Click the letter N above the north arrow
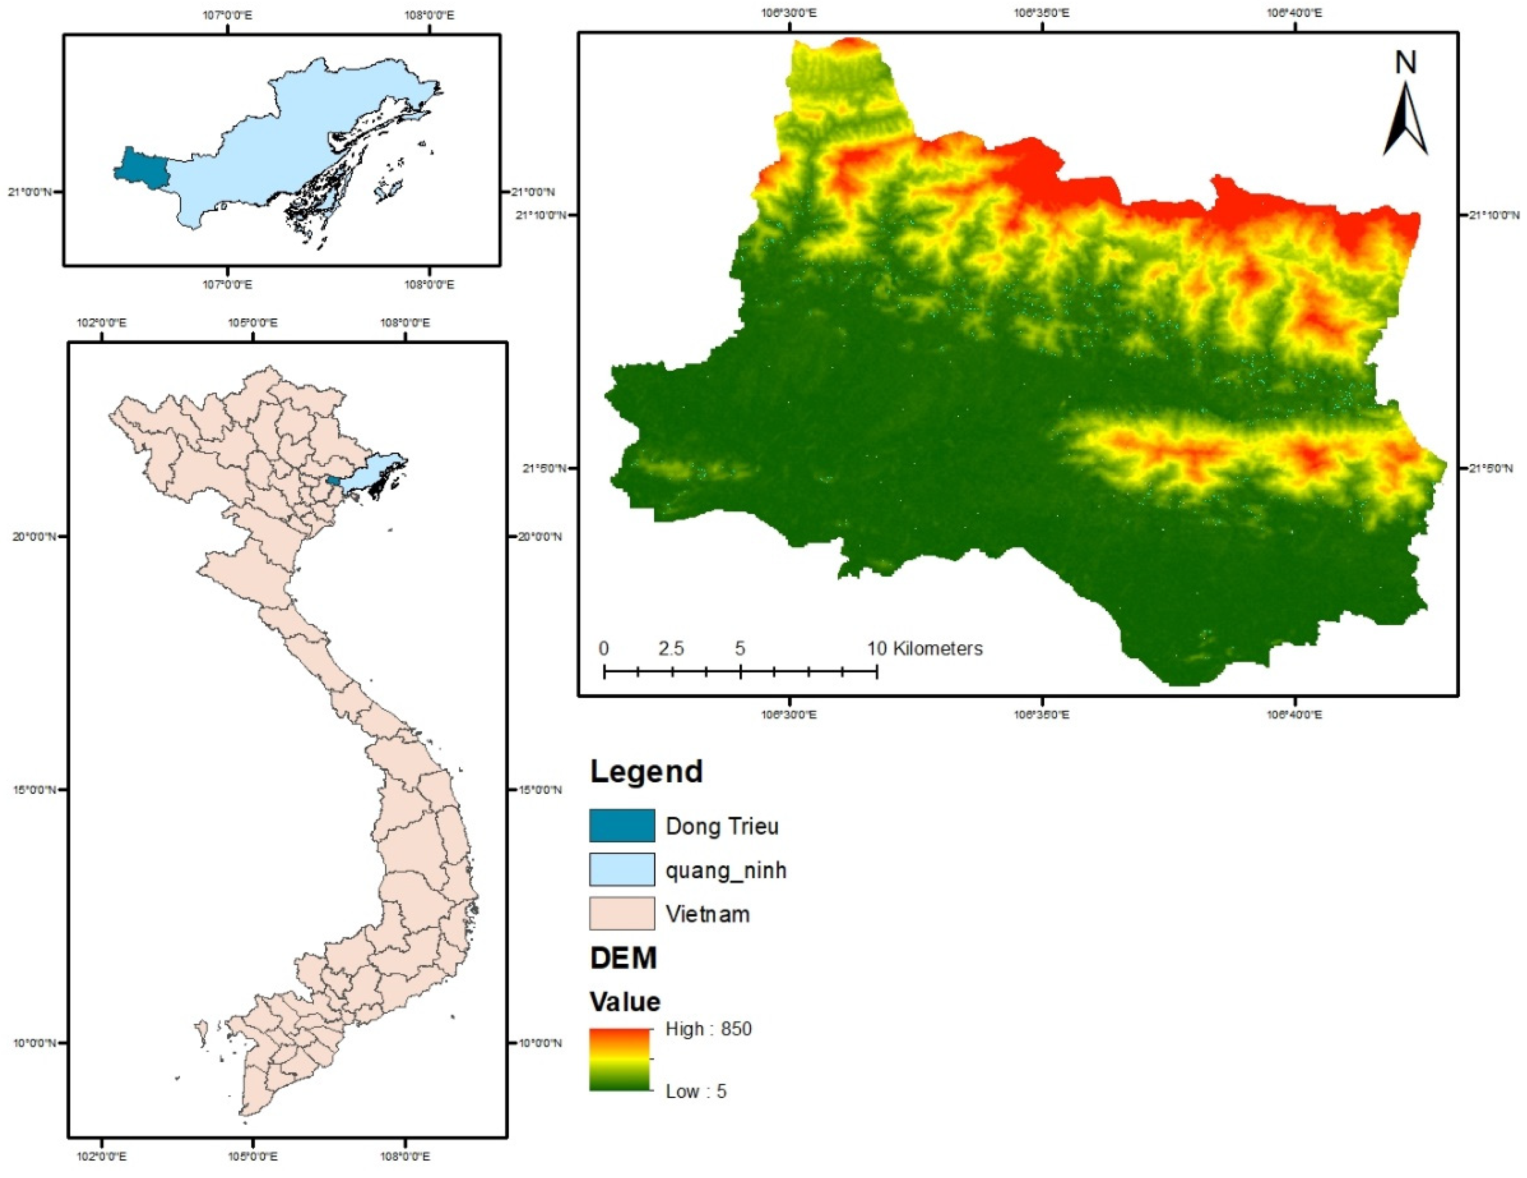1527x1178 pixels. tap(1405, 63)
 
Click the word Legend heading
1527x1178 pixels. tap(646, 772)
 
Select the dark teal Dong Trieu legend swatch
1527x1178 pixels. tap(621, 825)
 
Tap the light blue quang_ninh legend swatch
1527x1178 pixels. tap(621, 869)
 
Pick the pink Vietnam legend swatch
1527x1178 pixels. tap(621, 914)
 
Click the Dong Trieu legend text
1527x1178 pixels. tap(722, 826)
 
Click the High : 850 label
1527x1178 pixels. tap(708, 1029)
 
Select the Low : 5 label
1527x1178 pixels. tap(696, 1091)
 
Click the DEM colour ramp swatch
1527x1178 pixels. tap(620, 1060)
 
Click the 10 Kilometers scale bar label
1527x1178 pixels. tap(924, 649)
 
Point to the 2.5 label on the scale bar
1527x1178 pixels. tap(670, 649)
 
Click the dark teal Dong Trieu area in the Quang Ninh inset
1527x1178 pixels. tap(140, 169)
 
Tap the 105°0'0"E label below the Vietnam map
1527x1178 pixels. tap(252, 1157)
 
